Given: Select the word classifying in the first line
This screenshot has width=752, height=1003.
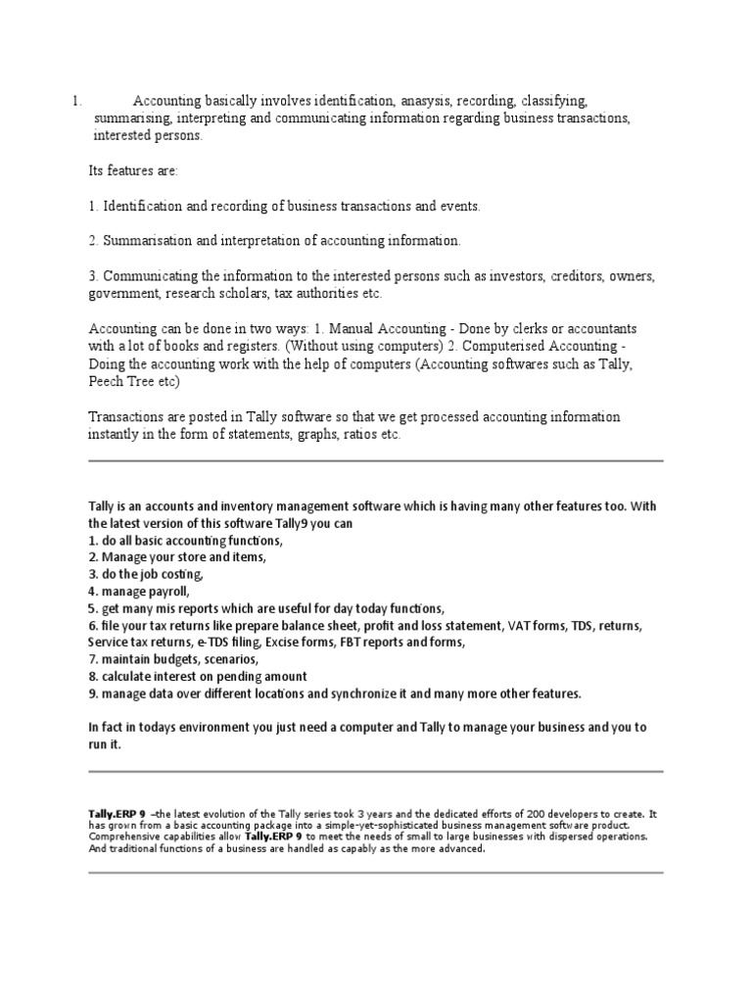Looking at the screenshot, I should [x=554, y=101].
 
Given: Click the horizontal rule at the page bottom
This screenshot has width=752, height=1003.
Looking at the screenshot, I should [x=376, y=873].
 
